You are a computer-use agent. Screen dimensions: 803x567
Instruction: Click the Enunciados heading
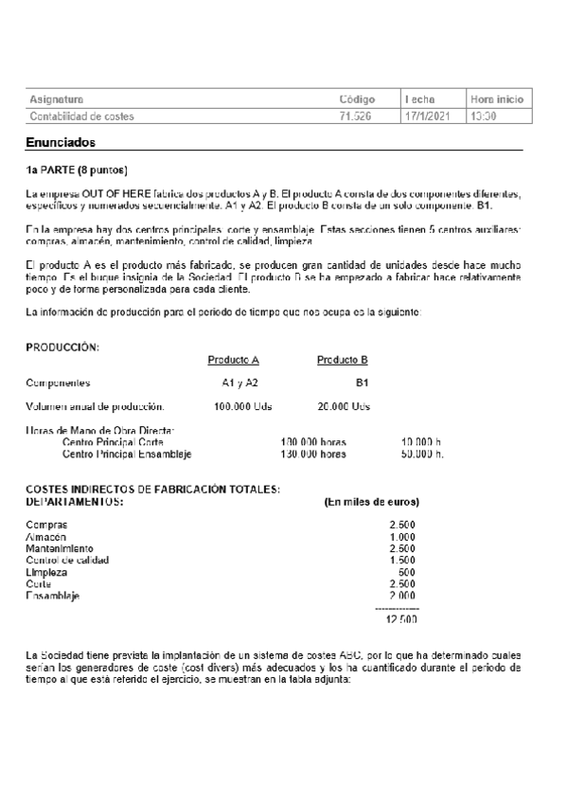pyautogui.click(x=61, y=142)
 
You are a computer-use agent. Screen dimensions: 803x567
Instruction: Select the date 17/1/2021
pyautogui.click(x=425, y=116)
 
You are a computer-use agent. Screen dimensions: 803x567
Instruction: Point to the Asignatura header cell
pyautogui.click(x=56, y=98)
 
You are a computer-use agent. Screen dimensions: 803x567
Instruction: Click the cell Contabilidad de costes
pyautogui.click(x=81, y=116)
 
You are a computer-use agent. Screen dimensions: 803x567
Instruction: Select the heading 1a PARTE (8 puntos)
pyautogui.click(x=76, y=170)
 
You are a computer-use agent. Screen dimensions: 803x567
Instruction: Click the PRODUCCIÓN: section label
pyautogui.click(x=62, y=348)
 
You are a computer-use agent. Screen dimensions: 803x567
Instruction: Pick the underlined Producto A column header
pyautogui.click(x=233, y=360)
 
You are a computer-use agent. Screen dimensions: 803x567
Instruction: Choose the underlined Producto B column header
pyautogui.click(x=342, y=360)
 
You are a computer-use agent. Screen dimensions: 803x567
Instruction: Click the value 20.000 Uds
pyautogui.click(x=343, y=406)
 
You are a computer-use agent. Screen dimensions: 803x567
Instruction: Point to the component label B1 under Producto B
pyautogui.click(x=362, y=383)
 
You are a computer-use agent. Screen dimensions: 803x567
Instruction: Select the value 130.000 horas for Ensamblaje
pyautogui.click(x=313, y=454)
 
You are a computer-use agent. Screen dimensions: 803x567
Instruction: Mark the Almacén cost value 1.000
pyautogui.click(x=402, y=537)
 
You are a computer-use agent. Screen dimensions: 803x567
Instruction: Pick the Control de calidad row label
pyautogui.click(x=66, y=560)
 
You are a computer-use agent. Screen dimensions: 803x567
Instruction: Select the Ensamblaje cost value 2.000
pyautogui.click(x=402, y=596)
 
